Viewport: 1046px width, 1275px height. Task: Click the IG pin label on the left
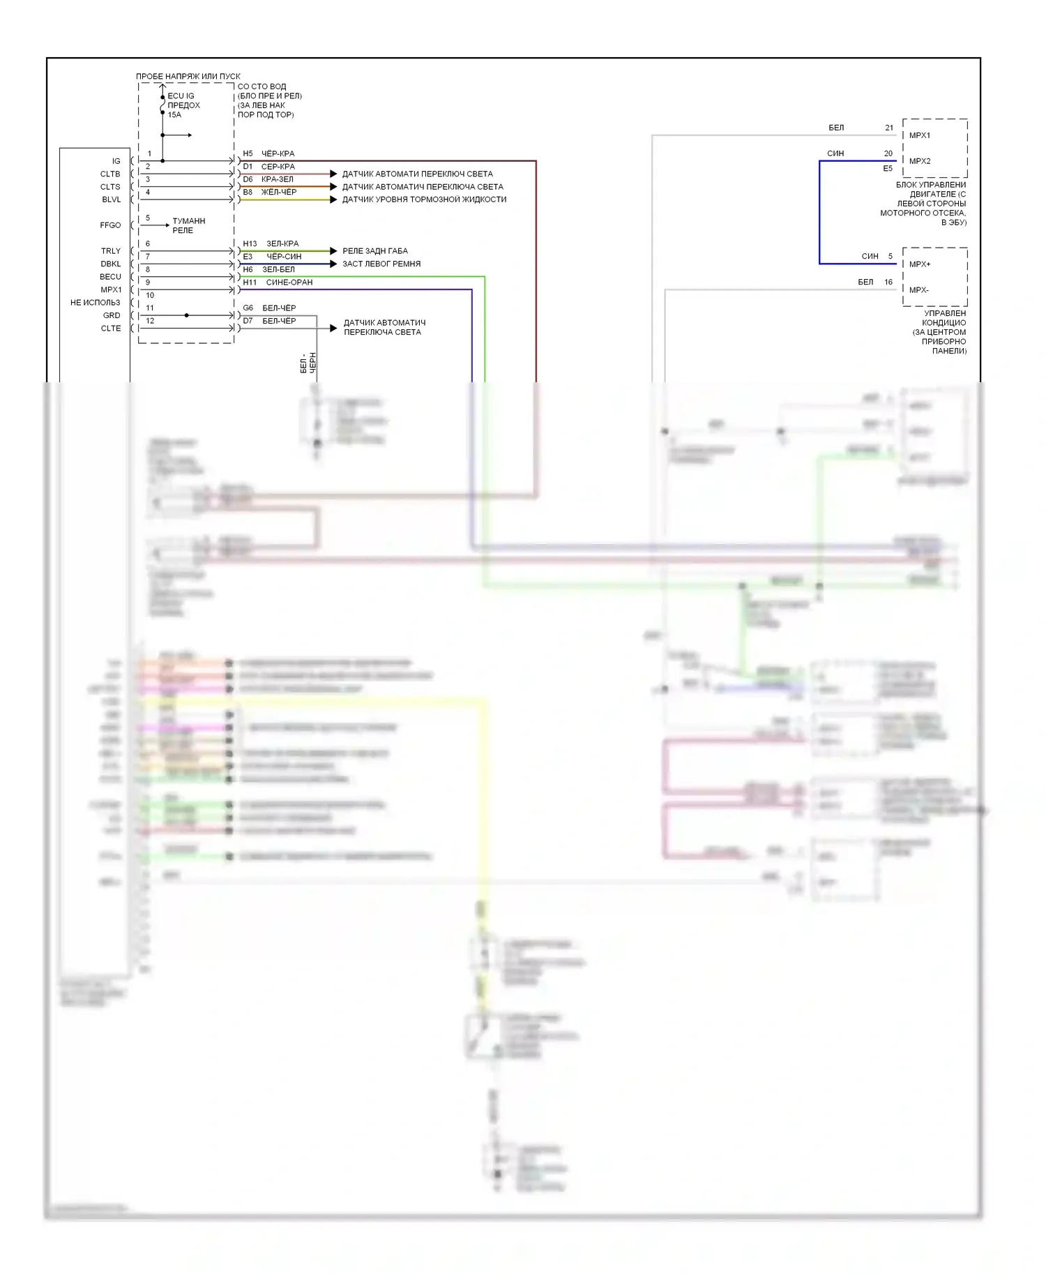point(116,161)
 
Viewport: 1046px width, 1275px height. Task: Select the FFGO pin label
point(110,225)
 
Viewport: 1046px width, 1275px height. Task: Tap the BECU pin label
point(110,277)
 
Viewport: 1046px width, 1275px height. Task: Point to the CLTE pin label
point(110,329)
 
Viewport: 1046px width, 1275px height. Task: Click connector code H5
point(248,153)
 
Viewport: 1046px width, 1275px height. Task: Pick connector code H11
point(250,282)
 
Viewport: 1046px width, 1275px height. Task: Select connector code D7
point(248,321)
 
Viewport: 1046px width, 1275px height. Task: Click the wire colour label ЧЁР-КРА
point(278,153)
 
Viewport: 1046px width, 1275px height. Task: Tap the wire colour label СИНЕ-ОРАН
point(289,282)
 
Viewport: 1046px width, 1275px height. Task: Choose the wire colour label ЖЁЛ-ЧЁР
point(279,192)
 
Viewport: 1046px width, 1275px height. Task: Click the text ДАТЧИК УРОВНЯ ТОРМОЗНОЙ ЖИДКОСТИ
point(424,199)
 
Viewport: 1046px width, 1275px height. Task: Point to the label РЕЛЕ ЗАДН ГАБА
point(375,251)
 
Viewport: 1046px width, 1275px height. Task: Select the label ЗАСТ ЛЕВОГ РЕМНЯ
point(381,264)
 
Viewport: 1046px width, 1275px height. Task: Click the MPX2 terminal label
point(920,161)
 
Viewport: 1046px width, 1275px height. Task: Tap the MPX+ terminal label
point(920,264)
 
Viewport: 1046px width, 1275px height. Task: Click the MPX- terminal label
point(918,290)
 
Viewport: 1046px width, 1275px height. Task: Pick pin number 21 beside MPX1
point(889,128)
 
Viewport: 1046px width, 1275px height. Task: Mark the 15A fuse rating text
point(174,115)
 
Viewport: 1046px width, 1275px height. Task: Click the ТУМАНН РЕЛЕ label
point(188,225)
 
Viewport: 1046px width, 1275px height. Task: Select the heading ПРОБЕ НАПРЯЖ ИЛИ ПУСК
point(188,76)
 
